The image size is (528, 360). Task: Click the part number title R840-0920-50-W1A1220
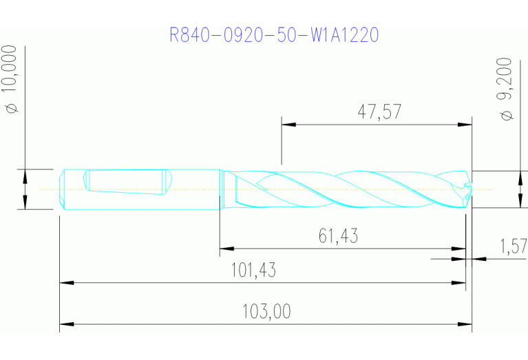point(274,35)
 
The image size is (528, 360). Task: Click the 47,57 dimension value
point(379,112)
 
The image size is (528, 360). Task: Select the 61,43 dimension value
point(338,237)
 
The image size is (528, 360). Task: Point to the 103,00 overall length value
point(266,312)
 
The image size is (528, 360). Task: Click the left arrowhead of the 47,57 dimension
point(288,125)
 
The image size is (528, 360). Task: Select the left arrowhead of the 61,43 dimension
point(226,248)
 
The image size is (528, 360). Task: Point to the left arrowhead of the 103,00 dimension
point(66,324)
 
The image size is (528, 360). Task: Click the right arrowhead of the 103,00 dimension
point(465,324)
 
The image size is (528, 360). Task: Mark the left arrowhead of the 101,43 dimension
point(66,282)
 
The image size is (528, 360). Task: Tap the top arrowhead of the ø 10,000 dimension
point(25,175)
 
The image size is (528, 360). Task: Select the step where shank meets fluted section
point(220,189)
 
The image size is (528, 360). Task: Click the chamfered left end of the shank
point(62,189)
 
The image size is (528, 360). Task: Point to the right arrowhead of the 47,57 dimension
point(466,125)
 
